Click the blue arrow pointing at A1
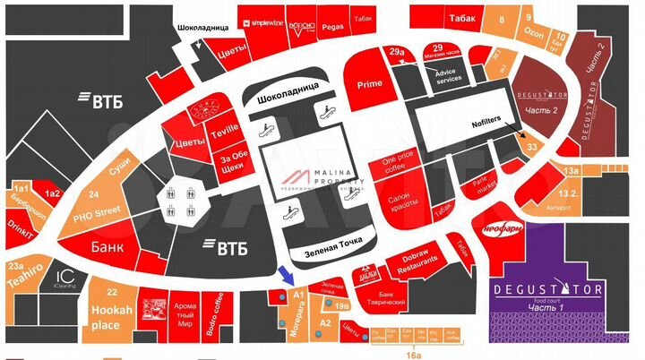(x=283, y=274)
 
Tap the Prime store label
(x=370, y=83)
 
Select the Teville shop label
(x=226, y=129)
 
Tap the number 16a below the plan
(x=413, y=355)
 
